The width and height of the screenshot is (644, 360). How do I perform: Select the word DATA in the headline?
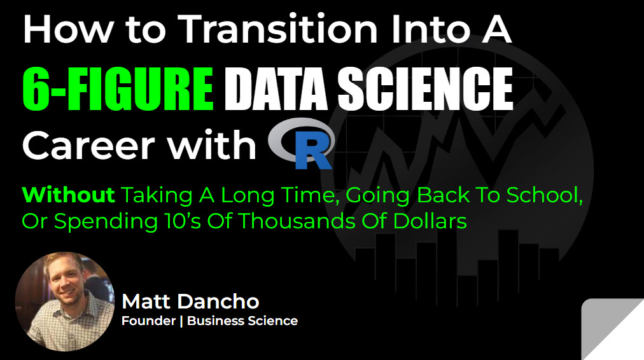pyautogui.click(x=279, y=88)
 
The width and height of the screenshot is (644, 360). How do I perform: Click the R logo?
pyautogui.click(x=303, y=145)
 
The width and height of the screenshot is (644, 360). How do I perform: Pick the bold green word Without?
pyautogui.click(x=69, y=195)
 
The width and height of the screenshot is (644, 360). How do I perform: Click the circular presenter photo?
pyautogui.click(x=64, y=301)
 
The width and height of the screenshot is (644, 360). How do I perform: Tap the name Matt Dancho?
pyautogui.click(x=190, y=301)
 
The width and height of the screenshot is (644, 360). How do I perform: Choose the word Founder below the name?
pyautogui.click(x=148, y=321)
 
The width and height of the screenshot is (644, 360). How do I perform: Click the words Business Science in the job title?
pyautogui.click(x=242, y=321)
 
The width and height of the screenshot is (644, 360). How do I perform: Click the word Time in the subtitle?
pyautogui.click(x=300, y=195)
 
